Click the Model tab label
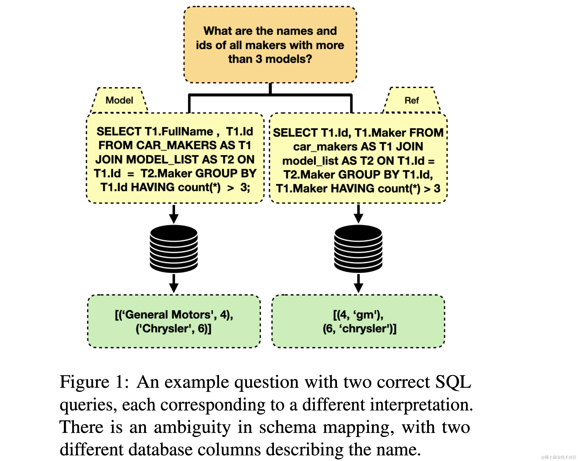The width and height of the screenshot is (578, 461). [119, 100]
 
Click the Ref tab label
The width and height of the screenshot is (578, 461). [412, 100]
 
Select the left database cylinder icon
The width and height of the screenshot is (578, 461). [174, 248]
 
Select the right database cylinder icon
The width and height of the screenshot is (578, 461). [358, 248]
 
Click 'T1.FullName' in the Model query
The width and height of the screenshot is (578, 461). [179, 131]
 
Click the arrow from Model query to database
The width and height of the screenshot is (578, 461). [174, 214]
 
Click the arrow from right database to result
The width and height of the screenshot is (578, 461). [358, 283]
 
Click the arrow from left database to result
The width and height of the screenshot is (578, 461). [174, 283]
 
